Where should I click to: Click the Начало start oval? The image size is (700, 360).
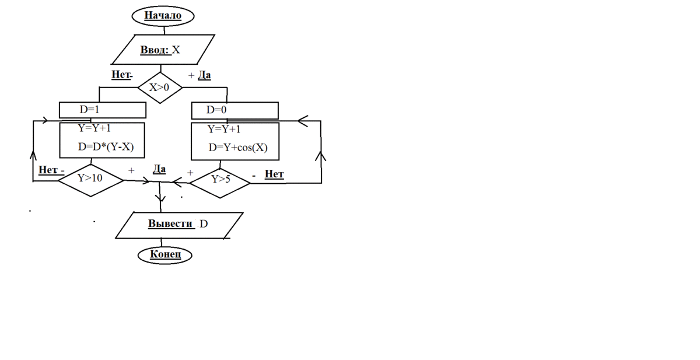[x=163, y=16]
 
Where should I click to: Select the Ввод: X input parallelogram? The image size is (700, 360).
[x=160, y=50]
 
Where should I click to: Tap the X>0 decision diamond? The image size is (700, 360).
[x=160, y=88]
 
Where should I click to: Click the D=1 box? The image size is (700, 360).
[x=102, y=110]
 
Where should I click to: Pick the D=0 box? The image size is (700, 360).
[x=235, y=110]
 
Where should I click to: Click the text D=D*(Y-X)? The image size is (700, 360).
[x=106, y=148]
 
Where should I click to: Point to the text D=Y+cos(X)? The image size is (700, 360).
[x=238, y=148]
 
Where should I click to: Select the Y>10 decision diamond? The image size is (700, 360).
[x=90, y=179]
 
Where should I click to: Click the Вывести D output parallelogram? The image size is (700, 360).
[x=178, y=225]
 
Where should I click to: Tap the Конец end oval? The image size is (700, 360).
[x=165, y=254]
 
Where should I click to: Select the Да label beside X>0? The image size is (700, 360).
[x=204, y=76]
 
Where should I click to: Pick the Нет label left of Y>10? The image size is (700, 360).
[x=49, y=170]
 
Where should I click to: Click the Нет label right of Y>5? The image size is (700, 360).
[x=274, y=174]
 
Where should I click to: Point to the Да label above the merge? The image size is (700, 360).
[x=159, y=169]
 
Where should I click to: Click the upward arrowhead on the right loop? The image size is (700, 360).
[x=321, y=156]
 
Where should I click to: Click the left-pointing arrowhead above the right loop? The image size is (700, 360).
[x=302, y=121]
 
